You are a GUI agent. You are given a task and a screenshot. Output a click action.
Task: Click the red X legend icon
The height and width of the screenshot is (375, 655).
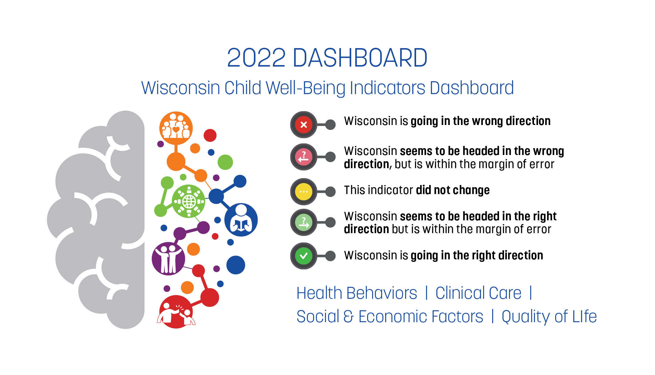click(x=303, y=125)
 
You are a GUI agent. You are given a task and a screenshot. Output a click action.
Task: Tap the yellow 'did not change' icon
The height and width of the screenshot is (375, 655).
click(x=303, y=192)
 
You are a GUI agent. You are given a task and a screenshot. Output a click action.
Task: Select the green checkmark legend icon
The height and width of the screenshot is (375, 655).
click(x=303, y=256)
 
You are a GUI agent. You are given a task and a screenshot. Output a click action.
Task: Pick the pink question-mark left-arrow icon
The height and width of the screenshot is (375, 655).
click(x=303, y=157)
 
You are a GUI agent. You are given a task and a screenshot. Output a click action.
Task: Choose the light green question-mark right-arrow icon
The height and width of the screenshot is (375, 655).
click(x=303, y=222)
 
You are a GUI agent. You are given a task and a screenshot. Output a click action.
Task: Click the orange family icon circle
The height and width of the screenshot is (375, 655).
click(x=176, y=128)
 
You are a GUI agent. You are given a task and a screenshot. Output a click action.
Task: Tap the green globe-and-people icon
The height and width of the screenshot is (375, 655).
click(x=189, y=201)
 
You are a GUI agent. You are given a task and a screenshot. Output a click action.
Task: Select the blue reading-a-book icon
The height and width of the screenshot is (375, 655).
click(x=241, y=220)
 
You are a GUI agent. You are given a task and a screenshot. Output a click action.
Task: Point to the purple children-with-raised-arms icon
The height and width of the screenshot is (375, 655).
click(x=168, y=259)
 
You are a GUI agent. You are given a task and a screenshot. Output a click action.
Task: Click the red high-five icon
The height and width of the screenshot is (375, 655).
click(x=176, y=312)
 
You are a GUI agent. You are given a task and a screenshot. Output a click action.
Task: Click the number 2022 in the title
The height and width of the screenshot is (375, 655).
click(x=256, y=58)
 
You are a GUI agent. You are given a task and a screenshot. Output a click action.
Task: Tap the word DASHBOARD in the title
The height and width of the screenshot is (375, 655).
click(x=360, y=58)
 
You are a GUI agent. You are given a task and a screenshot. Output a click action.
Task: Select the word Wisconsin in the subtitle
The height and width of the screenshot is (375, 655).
click(x=181, y=88)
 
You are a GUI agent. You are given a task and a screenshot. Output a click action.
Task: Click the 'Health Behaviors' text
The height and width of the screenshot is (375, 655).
click(x=357, y=293)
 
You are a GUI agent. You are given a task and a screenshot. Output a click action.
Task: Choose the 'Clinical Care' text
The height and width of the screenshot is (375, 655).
click(x=478, y=293)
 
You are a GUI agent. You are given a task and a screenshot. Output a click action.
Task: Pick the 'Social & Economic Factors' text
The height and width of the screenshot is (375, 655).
click(x=390, y=317)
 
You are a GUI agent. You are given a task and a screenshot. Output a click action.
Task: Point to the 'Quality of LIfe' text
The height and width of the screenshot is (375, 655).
click(x=549, y=317)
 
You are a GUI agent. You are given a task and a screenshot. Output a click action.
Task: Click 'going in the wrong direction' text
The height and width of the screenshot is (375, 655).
click(x=481, y=121)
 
